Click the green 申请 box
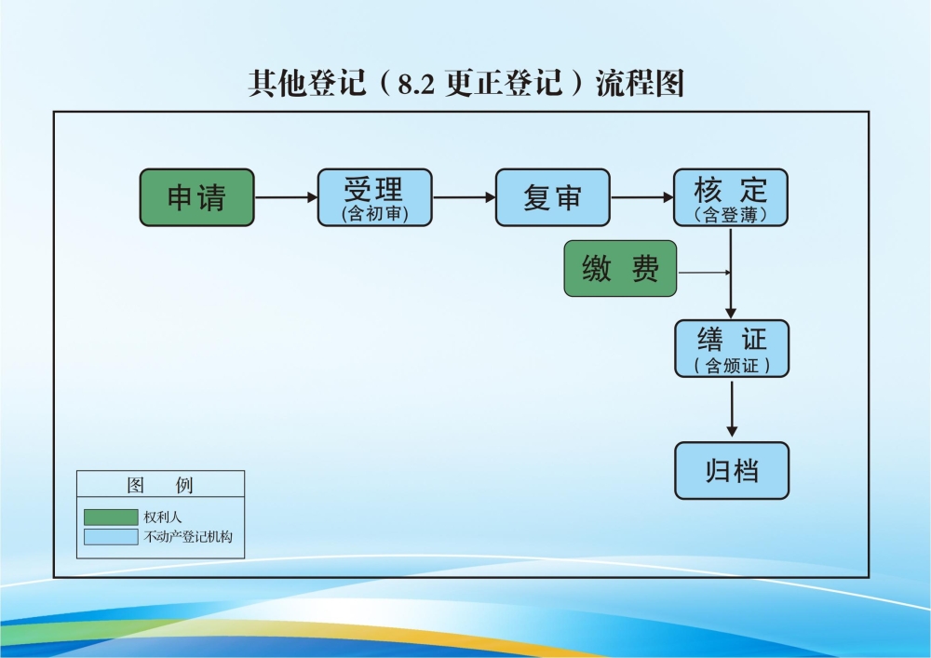pyautogui.click(x=196, y=197)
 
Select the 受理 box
pyautogui.click(x=374, y=197)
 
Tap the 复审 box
pyautogui.click(x=552, y=197)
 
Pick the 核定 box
pyautogui.click(x=730, y=197)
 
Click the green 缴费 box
pyautogui.click(x=620, y=269)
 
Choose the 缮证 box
pyautogui.click(x=731, y=348)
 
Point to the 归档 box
pyautogui.click(x=731, y=471)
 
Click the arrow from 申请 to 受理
pyautogui.click(x=286, y=197)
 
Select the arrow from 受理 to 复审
pyautogui.click(x=464, y=197)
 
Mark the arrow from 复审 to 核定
pyautogui.click(x=641, y=197)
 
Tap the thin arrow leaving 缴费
pyautogui.click(x=705, y=273)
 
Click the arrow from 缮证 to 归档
pyautogui.click(x=732, y=409)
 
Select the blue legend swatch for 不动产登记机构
pyautogui.click(x=110, y=537)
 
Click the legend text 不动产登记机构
pyautogui.click(x=188, y=537)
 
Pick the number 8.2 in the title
pyautogui.click(x=416, y=84)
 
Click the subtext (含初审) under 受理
pyautogui.click(x=374, y=214)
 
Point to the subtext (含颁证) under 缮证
pyautogui.click(x=732, y=366)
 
